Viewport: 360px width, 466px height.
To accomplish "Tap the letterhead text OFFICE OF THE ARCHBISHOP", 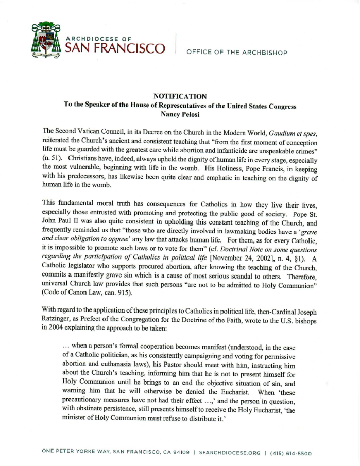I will [x=236, y=53].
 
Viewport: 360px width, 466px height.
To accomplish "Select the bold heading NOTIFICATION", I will [x=180, y=96].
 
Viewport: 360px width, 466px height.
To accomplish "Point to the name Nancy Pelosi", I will [x=180, y=115].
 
